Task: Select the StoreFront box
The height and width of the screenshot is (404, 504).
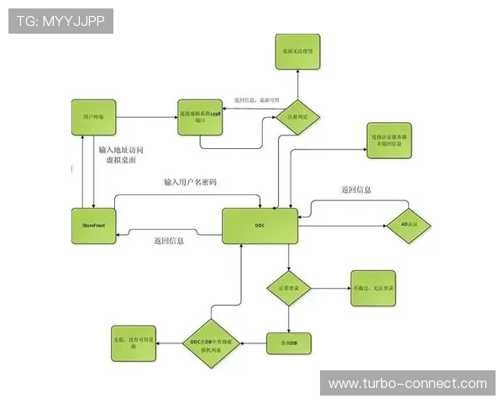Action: (x=93, y=226)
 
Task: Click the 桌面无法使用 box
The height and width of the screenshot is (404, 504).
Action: (x=297, y=51)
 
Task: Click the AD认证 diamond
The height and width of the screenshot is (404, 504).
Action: (x=408, y=226)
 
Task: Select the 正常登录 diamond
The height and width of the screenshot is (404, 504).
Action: (x=289, y=289)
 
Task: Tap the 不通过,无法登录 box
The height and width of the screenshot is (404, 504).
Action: (x=374, y=289)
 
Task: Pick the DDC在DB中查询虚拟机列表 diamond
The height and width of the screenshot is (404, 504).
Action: (x=214, y=343)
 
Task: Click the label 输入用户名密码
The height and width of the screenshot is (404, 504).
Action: (x=191, y=182)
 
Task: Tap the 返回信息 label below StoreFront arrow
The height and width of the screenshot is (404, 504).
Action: (x=170, y=241)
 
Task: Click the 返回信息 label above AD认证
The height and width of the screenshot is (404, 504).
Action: (x=356, y=190)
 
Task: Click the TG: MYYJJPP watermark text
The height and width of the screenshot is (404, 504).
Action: (x=60, y=20)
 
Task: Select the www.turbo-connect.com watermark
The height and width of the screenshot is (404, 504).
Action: (x=407, y=384)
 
